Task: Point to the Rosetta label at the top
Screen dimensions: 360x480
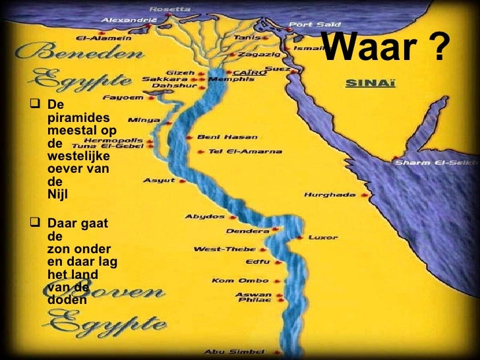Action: coord(170,9)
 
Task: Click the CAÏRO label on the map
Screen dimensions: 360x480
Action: coord(250,73)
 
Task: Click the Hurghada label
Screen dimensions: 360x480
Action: coord(330,195)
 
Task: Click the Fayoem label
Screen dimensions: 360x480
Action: coord(133,98)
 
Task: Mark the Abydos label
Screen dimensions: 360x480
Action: coord(204,216)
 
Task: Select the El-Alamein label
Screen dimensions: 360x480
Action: coord(104,38)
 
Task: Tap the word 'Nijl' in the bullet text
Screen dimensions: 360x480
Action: coord(58,194)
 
